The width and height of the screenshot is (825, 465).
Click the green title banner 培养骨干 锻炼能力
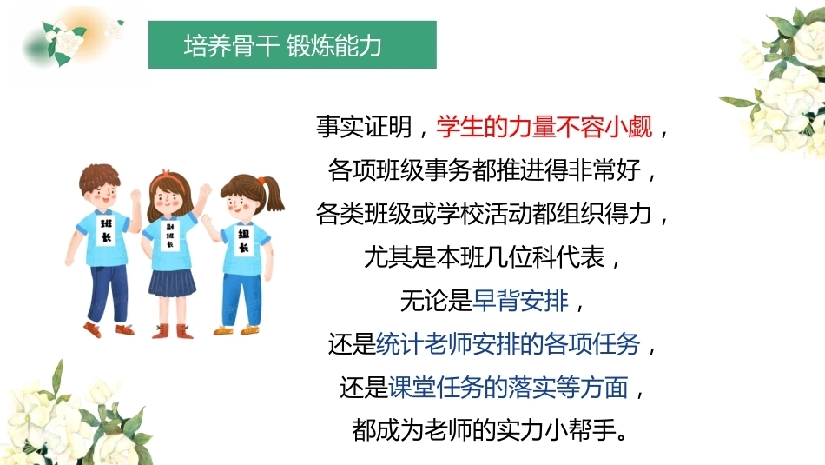coord(293,45)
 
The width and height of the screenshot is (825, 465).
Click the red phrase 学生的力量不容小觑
coord(544,126)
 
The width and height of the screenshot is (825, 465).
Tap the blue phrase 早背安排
coord(521,301)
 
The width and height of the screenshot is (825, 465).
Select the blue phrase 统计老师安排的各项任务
coord(508,344)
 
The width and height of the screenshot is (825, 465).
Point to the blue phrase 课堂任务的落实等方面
coord(508,388)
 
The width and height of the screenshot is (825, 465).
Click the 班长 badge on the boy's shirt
coord(107,230)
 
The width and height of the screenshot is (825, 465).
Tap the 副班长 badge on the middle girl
coord(169,235)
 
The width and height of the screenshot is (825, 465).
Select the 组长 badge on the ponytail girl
coord(244,240)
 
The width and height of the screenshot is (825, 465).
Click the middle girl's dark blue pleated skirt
coord(172,282)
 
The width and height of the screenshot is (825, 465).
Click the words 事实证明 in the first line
coord(364,126)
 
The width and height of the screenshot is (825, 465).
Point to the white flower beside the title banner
coord(68,39)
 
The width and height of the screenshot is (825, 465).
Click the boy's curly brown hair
coord(100,177)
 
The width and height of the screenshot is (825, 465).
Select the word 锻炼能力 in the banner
coord(334,46)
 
